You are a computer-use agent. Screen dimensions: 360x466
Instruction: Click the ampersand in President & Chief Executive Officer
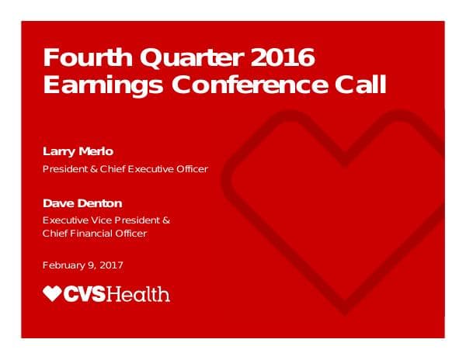tap(92, 169)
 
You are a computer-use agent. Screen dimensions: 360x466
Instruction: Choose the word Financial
tap(92, 234)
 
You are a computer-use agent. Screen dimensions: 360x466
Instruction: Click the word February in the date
tap(64, 265)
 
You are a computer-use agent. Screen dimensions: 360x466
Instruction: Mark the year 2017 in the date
tap(110, 265)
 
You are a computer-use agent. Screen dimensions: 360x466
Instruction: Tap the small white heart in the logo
tap(52, 293)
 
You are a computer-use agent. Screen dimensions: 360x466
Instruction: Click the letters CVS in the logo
tap(88, 294)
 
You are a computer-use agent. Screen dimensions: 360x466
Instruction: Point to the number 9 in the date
tap(90, 265)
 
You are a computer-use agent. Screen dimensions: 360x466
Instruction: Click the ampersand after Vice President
tap(166, 220)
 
